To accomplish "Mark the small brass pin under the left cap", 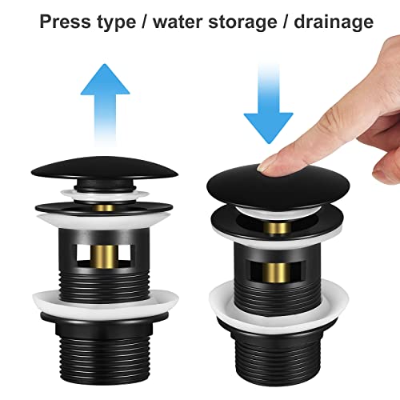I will (x=105, y=207).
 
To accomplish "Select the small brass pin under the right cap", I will (x=277, y=229).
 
